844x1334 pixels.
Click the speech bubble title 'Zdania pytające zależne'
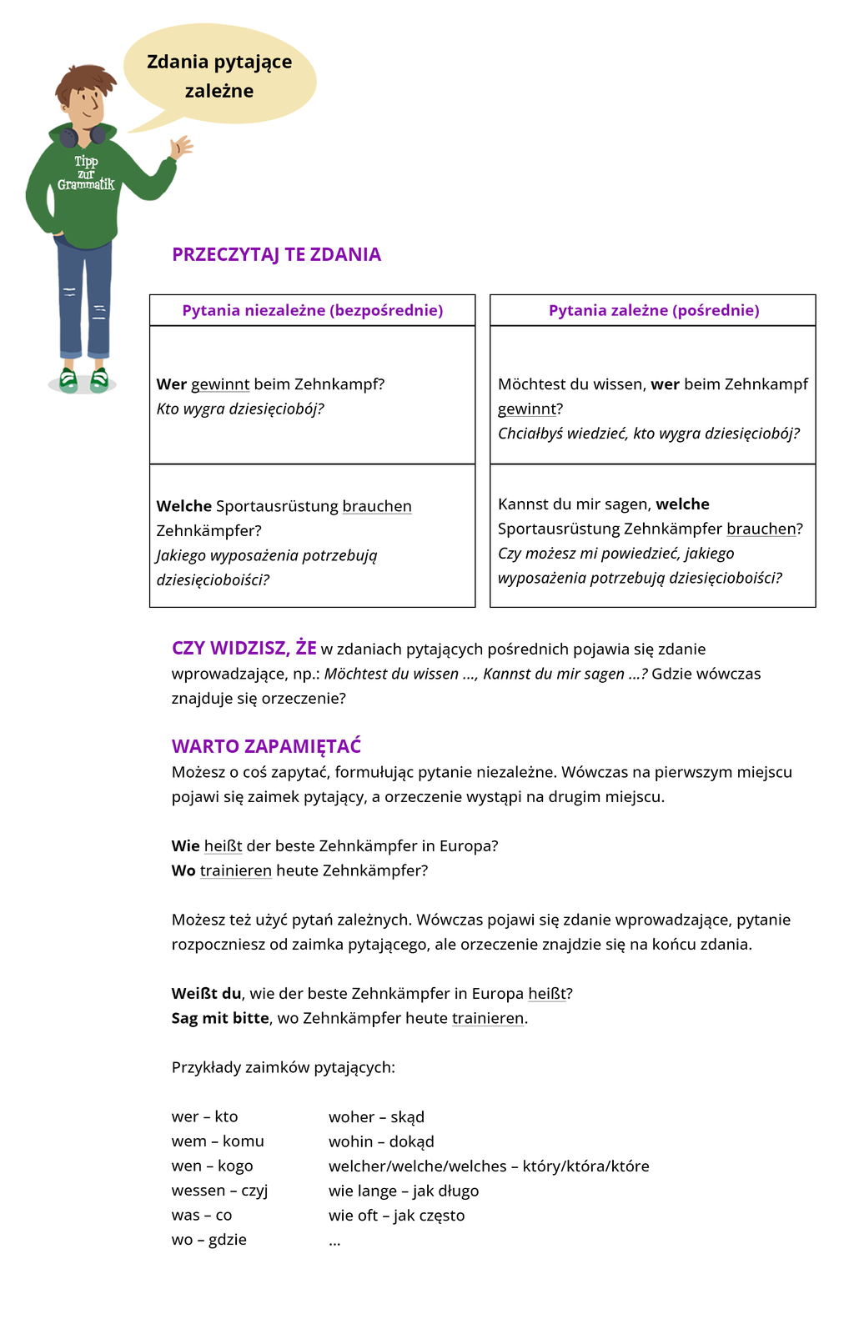point(219,76)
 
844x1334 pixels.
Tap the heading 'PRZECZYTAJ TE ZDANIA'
point(276,254)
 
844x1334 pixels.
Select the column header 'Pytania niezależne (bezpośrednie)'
point(312,310)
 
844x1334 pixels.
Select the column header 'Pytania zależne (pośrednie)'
point(653,310)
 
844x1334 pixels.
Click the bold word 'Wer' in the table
point(171,384)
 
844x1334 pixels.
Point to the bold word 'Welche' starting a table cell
point(183,506)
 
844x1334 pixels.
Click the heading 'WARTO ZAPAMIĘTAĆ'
point(266,746)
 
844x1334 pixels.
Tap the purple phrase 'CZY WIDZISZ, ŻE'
point(244,649)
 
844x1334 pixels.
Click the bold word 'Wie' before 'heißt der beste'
point(185,846)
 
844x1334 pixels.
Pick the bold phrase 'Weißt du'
point(206,994)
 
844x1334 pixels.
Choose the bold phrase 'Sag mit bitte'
point(220,1018)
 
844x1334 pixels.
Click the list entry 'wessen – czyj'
point(219,1191)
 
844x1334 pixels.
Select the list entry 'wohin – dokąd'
point(381,1141)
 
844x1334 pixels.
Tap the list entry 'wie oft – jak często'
point(396,1216)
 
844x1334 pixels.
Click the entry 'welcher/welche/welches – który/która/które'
point(489,1166)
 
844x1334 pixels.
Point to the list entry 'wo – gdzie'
point(208,1240)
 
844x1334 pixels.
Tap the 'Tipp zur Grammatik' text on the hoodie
point(86,173)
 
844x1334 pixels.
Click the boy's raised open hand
point(180,147)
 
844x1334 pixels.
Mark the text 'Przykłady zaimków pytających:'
point(283,1067)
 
